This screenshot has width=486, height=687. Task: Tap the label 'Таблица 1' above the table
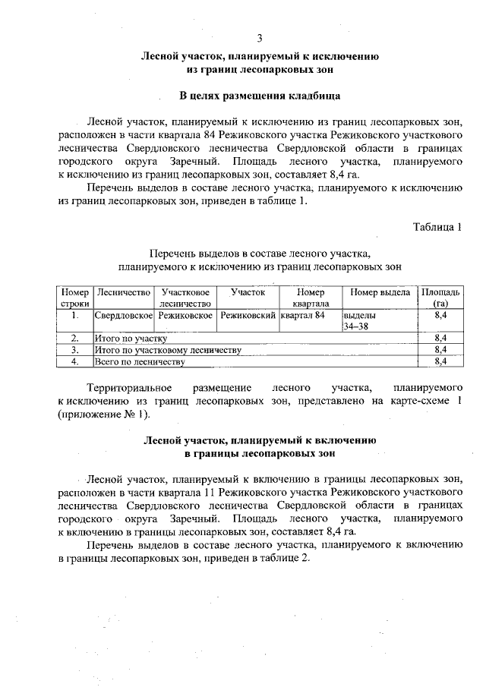[x=437, y=227]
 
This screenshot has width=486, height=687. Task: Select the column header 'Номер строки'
[x=75, y=298]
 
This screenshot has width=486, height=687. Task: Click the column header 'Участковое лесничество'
[x=185, y=298]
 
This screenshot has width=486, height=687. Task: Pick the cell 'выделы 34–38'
[x=359, y=320]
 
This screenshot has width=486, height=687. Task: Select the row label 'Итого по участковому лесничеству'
[x=168, y=350]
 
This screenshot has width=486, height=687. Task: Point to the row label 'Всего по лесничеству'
[x=140, y=362]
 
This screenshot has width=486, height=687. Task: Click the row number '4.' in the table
[x=75, y=362]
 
